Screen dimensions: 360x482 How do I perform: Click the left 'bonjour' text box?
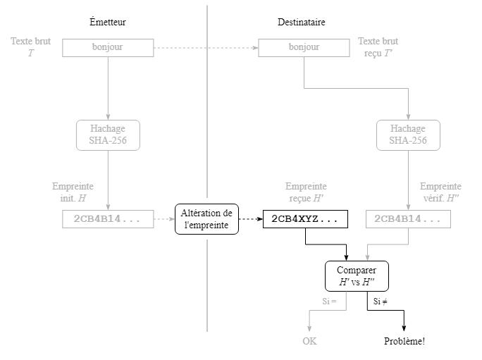click(x=108, y=48)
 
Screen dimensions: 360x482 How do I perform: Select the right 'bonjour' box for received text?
click(x=304, y=48)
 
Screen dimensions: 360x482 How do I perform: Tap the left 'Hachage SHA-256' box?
click(x=108, y=135)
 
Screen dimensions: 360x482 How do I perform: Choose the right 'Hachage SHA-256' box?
click(x=408, y=135)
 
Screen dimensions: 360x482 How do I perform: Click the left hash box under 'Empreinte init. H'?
click(x=108, y=220)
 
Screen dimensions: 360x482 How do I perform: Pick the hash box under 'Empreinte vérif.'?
click(x=408, y=220)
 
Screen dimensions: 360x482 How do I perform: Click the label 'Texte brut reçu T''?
click(x=378, y=47)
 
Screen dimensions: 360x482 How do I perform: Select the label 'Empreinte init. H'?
click(x=73, y=192)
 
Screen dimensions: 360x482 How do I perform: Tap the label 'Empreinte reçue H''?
click(x=306, y=192)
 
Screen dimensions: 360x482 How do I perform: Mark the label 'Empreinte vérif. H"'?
click(x=440, y=192)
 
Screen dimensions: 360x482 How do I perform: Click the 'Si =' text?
click(x=330, y=302)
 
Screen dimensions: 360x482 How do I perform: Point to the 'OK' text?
click(x=309, y=341)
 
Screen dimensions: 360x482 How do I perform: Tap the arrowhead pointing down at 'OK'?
click(x=309, y=328)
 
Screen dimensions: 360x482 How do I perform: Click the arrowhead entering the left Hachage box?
click(x=108, y=117)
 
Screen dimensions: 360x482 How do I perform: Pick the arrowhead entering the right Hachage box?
click(x=408, y=117)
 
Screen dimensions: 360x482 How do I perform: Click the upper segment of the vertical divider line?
click(x=207, y=99)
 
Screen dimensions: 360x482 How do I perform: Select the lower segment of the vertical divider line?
click(x=207, y=285)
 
